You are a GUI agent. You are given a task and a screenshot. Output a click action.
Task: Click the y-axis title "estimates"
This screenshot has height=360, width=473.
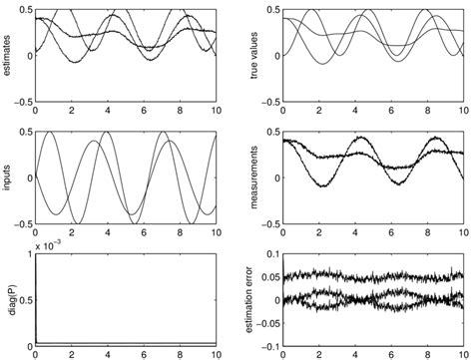(x=9, y=55)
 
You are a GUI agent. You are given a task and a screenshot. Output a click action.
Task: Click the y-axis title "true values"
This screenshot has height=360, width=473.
(x=251, y=55)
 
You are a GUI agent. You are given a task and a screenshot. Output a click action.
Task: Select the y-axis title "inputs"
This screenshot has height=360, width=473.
(x=9, y=178)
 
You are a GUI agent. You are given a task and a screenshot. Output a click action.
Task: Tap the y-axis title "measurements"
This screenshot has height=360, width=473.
(x=251, y=178)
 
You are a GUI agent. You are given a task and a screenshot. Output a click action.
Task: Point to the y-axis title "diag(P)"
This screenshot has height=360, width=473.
(x=9, y=299)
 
